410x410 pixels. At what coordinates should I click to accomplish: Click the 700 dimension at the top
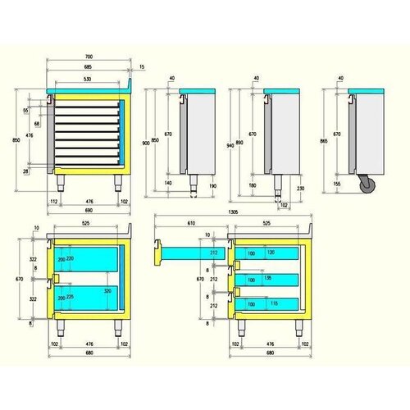88,56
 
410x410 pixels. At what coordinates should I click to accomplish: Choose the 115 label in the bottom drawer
272,304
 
